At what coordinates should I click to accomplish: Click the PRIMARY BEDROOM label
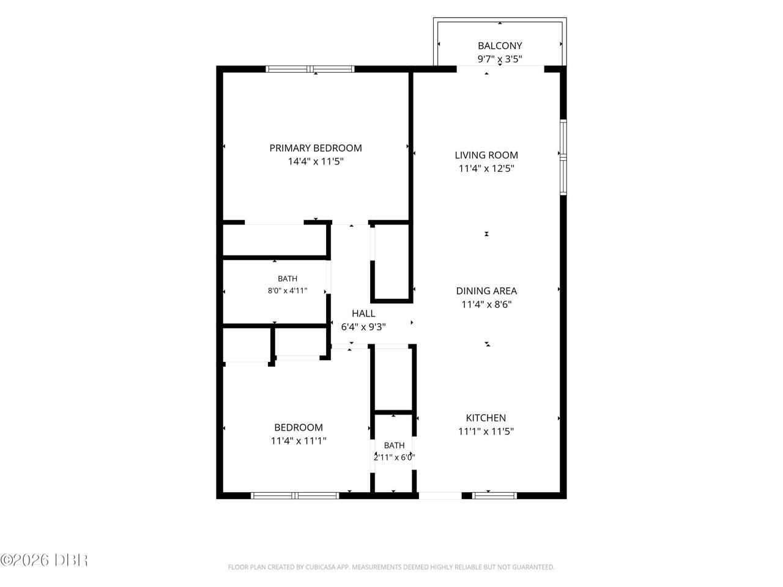[315, 148]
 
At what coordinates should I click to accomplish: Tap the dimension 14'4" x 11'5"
[315, 161]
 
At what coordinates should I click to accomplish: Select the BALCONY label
[500, 46]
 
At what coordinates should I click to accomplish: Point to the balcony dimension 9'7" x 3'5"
[500, 59]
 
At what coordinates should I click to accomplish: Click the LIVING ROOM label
[486, 155]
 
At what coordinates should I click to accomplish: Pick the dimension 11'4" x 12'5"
[486, 169]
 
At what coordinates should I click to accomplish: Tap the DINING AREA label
[486, 291]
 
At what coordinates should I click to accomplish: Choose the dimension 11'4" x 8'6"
[486, 305]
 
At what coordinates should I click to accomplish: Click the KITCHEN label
[486, 418]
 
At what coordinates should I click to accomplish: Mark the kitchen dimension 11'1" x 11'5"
[486, 431]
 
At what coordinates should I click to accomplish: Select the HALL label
[363, 313]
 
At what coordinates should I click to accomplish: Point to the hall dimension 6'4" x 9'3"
[363, 327]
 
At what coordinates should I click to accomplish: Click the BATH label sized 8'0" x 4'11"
[288, 278]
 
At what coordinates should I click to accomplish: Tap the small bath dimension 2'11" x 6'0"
[394, 457]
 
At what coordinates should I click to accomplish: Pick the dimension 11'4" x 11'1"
[299, 441]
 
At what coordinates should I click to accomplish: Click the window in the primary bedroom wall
[310, 68]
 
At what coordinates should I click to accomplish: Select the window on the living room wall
[563, 157]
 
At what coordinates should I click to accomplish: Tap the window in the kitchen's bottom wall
[494, 495]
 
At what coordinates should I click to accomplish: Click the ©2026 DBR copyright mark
[44, 560]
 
